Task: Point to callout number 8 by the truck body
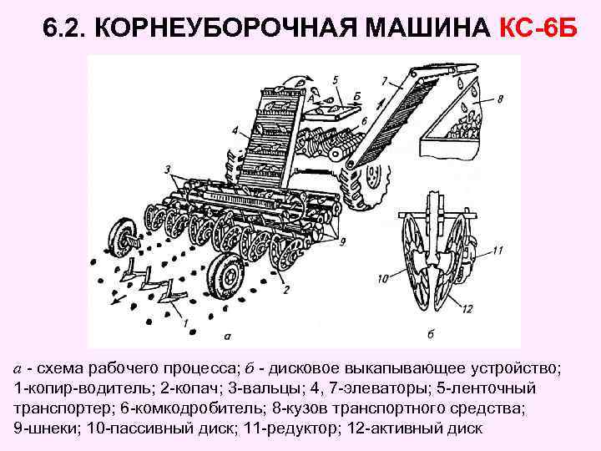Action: click(x=499, y=99)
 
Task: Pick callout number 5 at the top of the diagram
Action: click(x=335, y=80)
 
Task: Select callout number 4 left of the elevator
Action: click(x=236, y=129)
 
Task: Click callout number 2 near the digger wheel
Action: click(x=285, y=290)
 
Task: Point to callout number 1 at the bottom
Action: click(x=184, y=322)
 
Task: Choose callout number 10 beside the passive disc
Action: click(x=384, y=278)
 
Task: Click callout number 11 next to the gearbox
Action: click(x=497, y=250)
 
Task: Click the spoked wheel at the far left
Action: click(x=124, y=238)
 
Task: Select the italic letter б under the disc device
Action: click(x=432, y=335)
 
